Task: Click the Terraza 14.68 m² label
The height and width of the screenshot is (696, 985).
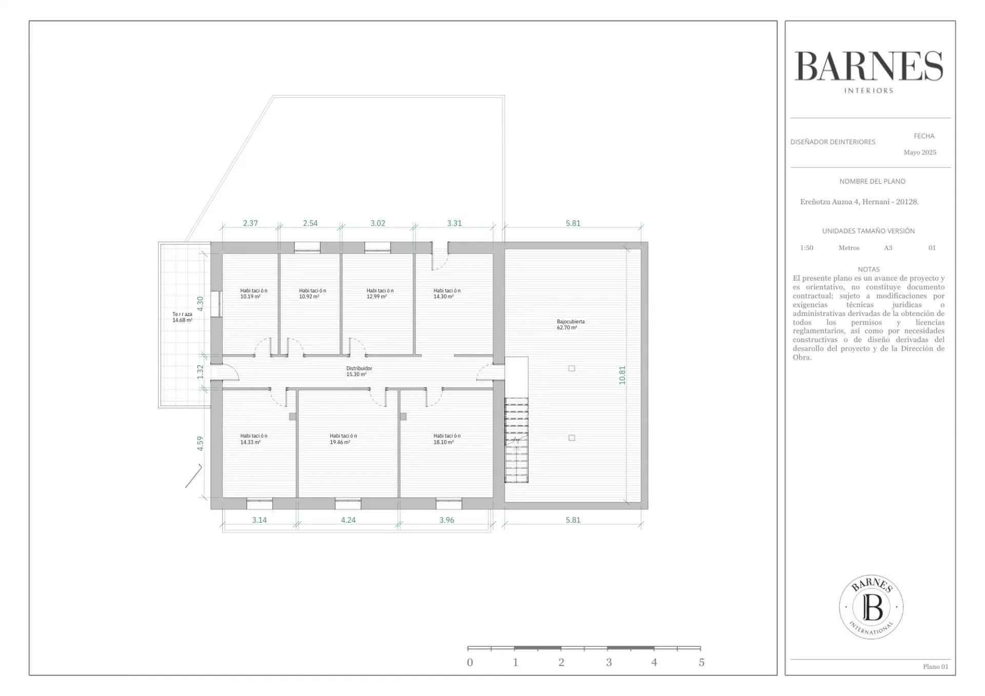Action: pyautogui.click(x=182, y=317)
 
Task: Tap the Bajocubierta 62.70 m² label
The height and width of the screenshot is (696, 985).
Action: pyautogui.click(x=570, y=325)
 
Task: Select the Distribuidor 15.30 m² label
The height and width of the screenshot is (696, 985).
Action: pyautogui.click(x=359, y=371)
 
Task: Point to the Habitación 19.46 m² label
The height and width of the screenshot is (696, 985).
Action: pyautogui.click(x=343, y=439)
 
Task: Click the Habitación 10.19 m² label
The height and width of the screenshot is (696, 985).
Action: pyautogui.click(x=253, y=293)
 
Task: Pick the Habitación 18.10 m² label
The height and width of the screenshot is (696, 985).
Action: pyautogui.click(x=447, y=439)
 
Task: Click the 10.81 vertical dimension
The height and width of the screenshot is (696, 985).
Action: pyautogui.click(x=622, y=375)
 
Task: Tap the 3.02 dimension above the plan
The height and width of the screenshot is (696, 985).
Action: pyautogui.click(x=378, y=223)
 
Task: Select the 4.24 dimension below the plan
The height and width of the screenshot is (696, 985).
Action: pyautogui.click(x=348, y=520)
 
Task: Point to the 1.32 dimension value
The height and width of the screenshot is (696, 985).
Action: pyautogui.click(x=201, y=372)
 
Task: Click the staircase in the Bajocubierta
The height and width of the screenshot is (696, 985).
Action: pyautogui.click(x=516, y=440)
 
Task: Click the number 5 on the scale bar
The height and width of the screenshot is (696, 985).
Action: pyautogui.click(x=701, y=663)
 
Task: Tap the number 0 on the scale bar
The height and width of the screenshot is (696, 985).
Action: pyautogui.click(x=470, y=663)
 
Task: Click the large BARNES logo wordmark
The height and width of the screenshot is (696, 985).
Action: pyautogui.click(x=869, y=66)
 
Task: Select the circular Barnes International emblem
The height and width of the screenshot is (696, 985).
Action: pyautogui.click(x=871, y=607)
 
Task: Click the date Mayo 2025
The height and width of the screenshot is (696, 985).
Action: pyautogui.click(x=920, y=152)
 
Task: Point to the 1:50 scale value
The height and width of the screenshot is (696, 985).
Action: pyautogui.click(x=806, y=248)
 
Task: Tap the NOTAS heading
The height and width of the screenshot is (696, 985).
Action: pyautogui.click(x=869, y=269)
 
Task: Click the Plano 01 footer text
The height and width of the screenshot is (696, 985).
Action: pyautogui.click(x=936, y=667)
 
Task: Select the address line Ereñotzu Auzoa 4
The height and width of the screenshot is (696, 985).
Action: pyautogui.click(x=859, y=202)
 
